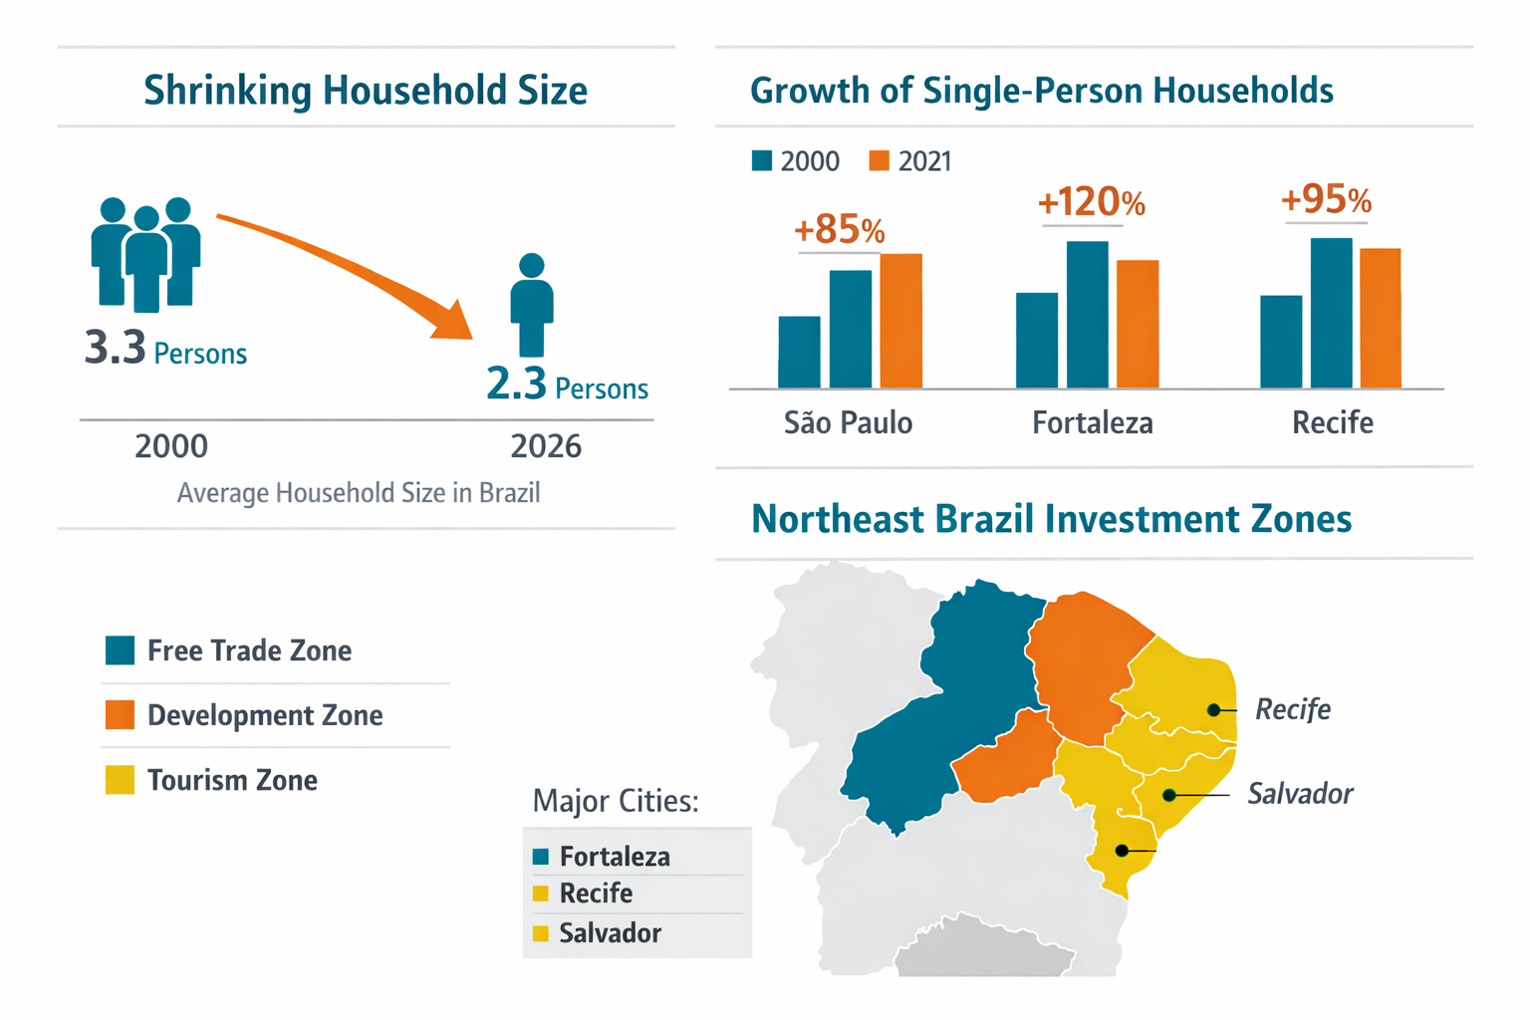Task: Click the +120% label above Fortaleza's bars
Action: tap(1091, 203)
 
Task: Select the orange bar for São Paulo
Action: tap(900, 321)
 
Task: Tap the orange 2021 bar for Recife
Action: tap(1380, 318)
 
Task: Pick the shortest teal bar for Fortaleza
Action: tap(1037, 341)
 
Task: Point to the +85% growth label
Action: tap(839, 230)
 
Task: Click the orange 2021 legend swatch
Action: tap(879, 161)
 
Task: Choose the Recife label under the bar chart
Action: tap(1332, 423)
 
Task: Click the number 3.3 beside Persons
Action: tap(116, 348)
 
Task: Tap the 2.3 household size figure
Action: tap(516, 383)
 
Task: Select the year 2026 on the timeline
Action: tap(546, 446)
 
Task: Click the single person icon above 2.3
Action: tap(532, 304)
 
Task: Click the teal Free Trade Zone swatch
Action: tap(121, 650)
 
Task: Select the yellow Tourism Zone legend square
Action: tap(121, 780)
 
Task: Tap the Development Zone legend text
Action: tap(265, 715)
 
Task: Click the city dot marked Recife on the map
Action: tap(1213, 710)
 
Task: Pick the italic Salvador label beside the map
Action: tap(1300, 794)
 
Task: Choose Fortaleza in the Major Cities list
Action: tap(614, 857)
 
